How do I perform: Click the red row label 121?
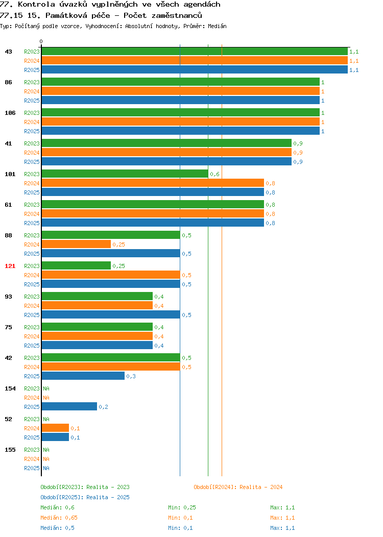point(10,266)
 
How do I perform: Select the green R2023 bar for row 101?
point(125,174)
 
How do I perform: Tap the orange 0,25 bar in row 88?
point(76,245)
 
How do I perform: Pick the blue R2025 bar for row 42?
point(83,376)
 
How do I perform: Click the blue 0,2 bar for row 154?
point(69,407)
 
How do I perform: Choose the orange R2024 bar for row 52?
point(55,428)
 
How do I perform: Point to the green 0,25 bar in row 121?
point(76,266)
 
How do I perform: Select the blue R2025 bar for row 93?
point(111,315)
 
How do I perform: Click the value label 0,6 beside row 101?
point(215,174)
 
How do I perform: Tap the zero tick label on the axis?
point(41,41)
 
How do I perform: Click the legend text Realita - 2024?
point(261,487)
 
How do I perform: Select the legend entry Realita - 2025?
point(108,497)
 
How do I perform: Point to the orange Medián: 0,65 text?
point(59,518)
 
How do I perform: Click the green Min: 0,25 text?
point(182,507)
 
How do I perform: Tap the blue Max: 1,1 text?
point(282,528)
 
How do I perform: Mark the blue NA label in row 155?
point(46,468)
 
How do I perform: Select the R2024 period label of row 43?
point(32,61)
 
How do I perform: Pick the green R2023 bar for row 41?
point(166,143)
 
